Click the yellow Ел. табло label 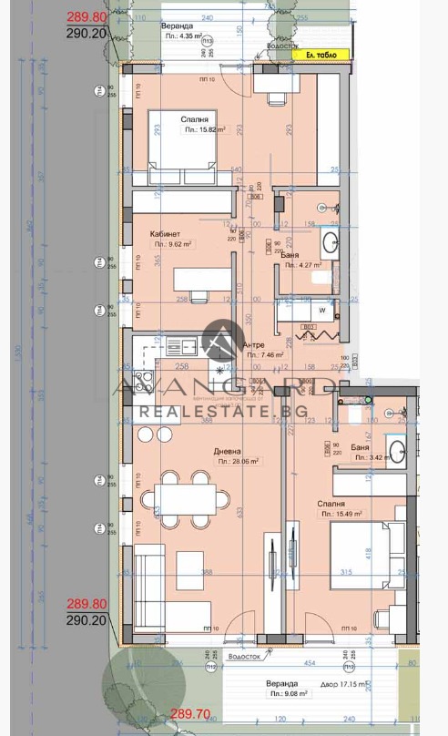[x=320, y=55]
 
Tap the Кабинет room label [x=165, y=234]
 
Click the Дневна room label [x=228, y=450]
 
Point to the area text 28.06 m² [x=238, y=462]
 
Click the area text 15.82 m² [x=206, y=130]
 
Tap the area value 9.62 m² [x=172, y=244]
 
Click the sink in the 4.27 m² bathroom [x=331, y=242]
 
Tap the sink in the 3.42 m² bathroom [x=398, y=449]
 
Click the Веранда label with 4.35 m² [x=177, y=26]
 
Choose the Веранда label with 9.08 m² [x=282, y=683]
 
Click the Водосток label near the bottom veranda [x=245, y=655]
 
